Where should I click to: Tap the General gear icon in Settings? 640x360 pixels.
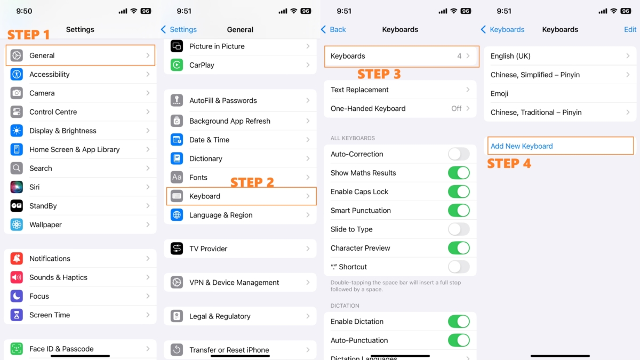[x=17, y=55]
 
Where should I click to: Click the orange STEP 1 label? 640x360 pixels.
[x=29, y=35]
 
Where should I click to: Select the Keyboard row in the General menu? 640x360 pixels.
[x=241, y=196]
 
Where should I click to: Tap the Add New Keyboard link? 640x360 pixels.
[x=522, y=146]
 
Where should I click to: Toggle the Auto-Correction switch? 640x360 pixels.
[x=459, y=154]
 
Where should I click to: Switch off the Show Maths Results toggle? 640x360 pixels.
[x=459, y=173]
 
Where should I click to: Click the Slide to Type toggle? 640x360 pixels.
[x=459, y=229]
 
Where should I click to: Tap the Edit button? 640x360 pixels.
[x=630, y=29]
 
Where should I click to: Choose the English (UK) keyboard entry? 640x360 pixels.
[x=560, y=56]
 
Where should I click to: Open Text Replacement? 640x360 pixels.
[x=400, y=90]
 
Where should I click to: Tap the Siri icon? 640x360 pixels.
[x=17, y=187]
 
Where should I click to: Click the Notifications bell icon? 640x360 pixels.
[x=17, y=259]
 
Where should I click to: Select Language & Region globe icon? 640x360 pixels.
[x=177, y=215]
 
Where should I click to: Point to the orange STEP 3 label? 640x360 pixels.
[x=379, y=74]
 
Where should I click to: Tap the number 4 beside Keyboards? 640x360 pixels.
[x=459, y=56]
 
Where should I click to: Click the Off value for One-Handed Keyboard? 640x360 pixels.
[x=457, y=109]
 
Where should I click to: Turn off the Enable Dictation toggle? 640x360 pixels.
[x=459, y=322]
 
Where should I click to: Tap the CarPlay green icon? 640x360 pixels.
[x=177, y=65]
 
